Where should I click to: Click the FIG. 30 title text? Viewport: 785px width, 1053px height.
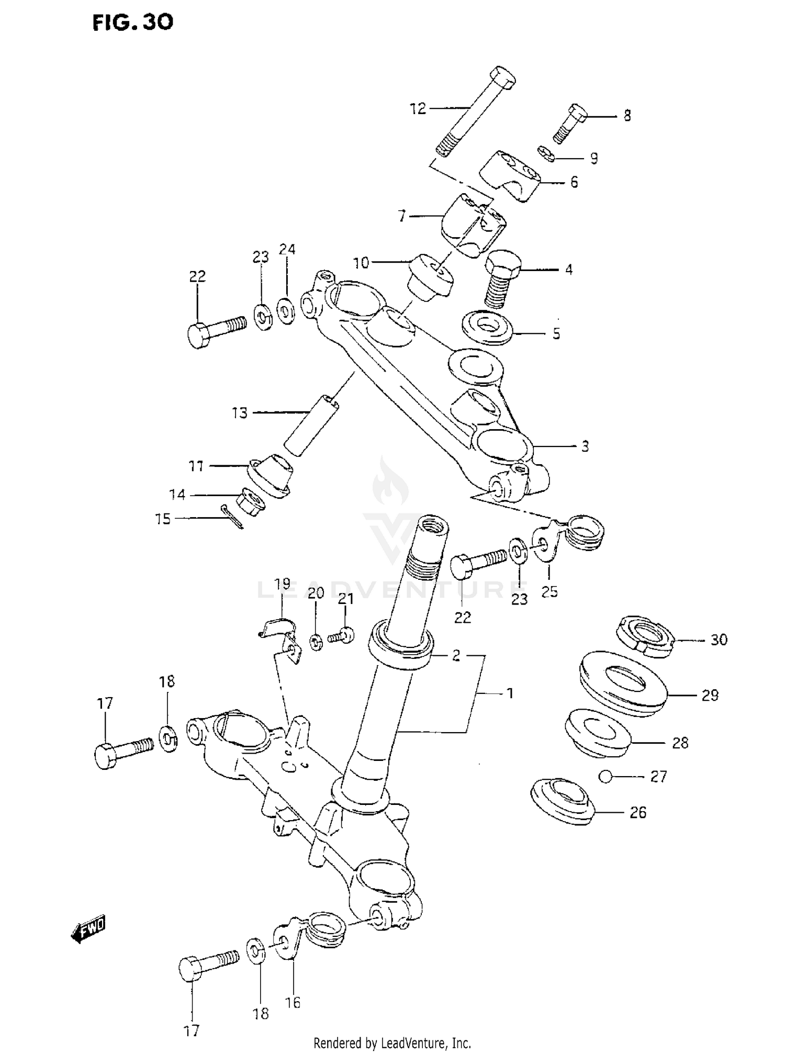coord(132,23)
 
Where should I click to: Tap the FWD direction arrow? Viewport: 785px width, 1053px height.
coord(88,929)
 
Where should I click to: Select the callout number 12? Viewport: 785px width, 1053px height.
coord(418,109)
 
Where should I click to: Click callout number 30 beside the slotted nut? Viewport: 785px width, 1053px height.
coord(719,640)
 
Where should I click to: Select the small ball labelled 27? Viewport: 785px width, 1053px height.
coord(605,777)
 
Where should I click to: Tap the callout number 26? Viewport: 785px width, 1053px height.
coord(637,813)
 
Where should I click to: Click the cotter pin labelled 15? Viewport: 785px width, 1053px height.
coord(232,517)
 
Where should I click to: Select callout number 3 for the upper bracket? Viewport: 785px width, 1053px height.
coord(585,446)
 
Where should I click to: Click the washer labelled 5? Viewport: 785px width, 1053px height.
coord(487,328)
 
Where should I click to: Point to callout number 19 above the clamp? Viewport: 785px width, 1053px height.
coord(282,584)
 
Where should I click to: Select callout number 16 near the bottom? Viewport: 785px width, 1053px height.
coord(293,1002)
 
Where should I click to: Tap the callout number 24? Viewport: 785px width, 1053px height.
coord(287,250)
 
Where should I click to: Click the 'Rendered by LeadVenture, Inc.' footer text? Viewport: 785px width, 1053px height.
coord(392,1043)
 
